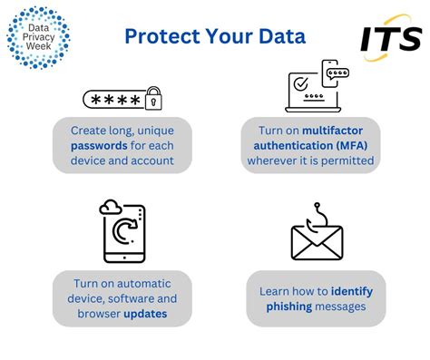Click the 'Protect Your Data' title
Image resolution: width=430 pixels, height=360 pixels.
point(215,35)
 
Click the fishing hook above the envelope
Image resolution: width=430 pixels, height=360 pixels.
point(318,211)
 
